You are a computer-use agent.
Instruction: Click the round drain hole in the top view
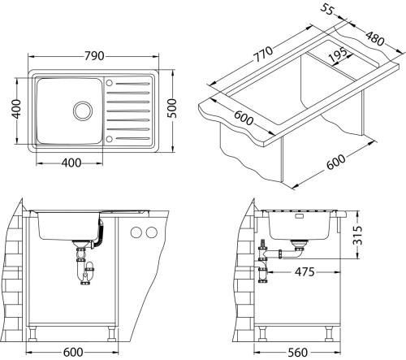[x=83, y=110]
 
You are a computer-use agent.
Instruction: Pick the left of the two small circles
[x=135, y=234]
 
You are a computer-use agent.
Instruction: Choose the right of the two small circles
[x=150, y=234]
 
